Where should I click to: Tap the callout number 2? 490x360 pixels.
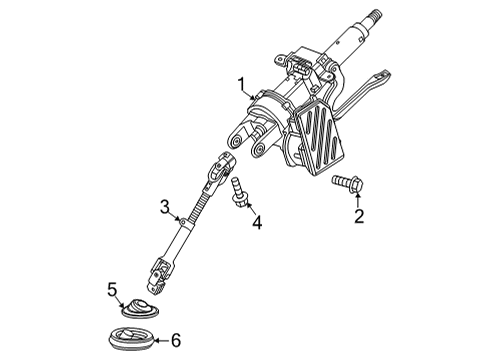coord(359,216)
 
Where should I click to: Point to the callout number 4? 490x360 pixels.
coord(256,223)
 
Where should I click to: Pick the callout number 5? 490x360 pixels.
coord(113,290)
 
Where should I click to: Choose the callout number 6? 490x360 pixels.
coord(176,340)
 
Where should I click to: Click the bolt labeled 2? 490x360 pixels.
coord(345,183)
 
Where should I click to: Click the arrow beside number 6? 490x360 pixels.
coord(160,339)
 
